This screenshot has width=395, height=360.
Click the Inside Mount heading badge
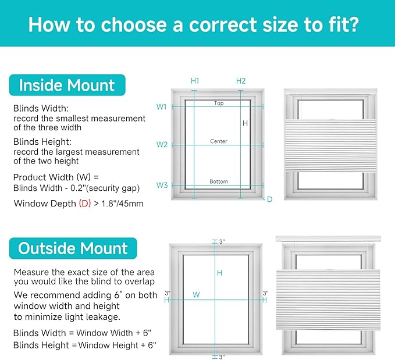tap(67, 85)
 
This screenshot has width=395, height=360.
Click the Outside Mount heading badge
tap(73, 248)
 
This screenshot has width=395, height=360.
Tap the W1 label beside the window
tap(162, 107)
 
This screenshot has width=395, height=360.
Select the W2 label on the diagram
tap(162, 145)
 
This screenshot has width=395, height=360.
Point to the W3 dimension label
tap(162, 185)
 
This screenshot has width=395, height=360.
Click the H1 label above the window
tap(195, 81)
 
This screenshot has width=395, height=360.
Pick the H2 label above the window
tap(241, 81)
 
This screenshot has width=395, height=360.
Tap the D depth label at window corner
tap(269, 199)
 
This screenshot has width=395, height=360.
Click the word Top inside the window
tap(219, 103)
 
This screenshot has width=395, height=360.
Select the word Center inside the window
tap(219, 141)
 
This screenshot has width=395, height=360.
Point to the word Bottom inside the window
tap(219, 181)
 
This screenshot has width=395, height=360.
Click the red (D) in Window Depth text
tap(85, 204)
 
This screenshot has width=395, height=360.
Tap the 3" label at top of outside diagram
tap(222, 241)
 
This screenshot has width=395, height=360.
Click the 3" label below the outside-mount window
tap(222, 357)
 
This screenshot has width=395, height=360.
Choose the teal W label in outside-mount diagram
tap(196, 294)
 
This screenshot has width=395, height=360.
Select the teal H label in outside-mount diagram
tap(219, 273)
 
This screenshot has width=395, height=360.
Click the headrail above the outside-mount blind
tap(328, 238)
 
